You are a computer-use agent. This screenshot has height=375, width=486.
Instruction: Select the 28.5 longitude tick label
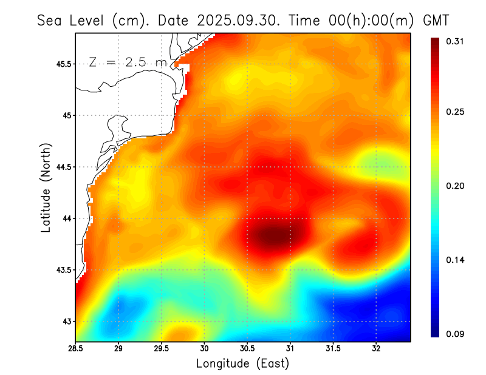76,349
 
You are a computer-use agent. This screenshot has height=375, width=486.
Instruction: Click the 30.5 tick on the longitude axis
247,349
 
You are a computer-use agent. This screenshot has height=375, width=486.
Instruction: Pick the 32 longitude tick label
376,349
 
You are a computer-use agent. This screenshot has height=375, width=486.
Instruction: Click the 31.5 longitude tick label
334,349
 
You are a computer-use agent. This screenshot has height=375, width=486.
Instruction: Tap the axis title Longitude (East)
242,363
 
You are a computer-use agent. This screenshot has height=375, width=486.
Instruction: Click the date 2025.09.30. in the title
239,20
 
